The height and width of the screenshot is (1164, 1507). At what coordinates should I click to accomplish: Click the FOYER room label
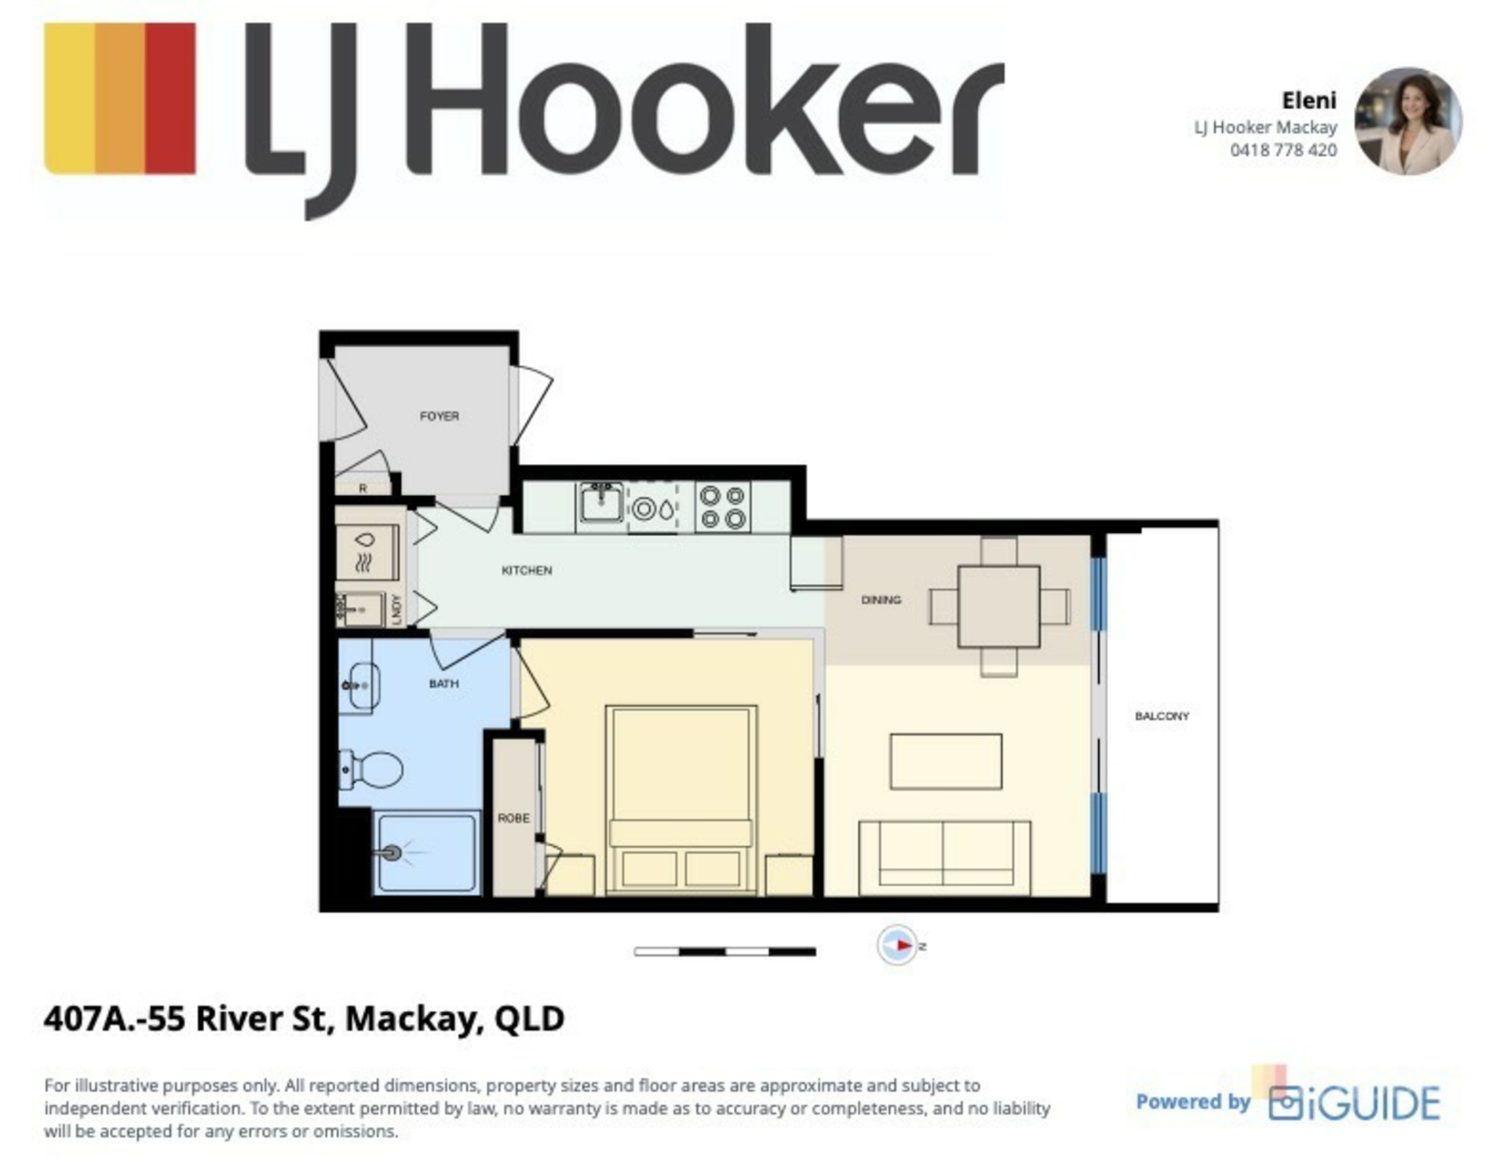point(439,416)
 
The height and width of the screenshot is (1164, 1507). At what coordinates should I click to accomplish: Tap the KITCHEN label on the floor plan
point(527,571)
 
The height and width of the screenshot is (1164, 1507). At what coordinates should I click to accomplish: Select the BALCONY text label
point(1162,716)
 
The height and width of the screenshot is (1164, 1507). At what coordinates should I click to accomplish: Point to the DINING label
point(881,600)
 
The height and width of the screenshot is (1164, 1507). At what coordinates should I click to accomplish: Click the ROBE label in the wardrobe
point(513,818)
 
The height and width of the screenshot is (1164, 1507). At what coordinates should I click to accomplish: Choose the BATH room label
point(443,684)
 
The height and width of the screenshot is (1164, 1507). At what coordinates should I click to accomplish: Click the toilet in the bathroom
point(370,769)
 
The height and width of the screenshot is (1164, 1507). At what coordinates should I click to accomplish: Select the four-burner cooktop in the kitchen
point(723,506)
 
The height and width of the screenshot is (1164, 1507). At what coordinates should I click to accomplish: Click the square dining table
point(998,606)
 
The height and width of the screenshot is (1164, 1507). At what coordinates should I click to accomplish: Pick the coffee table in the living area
point(946,761)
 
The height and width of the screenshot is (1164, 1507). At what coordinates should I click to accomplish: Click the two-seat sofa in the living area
point(944,858)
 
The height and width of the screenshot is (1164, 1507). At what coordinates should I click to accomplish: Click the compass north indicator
point(898,945)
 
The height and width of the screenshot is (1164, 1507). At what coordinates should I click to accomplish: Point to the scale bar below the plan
point(724,952)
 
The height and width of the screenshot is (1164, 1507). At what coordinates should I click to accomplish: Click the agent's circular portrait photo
point(1408,121)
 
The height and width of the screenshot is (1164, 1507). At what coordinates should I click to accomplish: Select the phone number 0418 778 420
point(1283,150)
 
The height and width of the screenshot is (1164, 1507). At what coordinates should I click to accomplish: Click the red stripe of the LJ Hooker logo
point(170,98)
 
